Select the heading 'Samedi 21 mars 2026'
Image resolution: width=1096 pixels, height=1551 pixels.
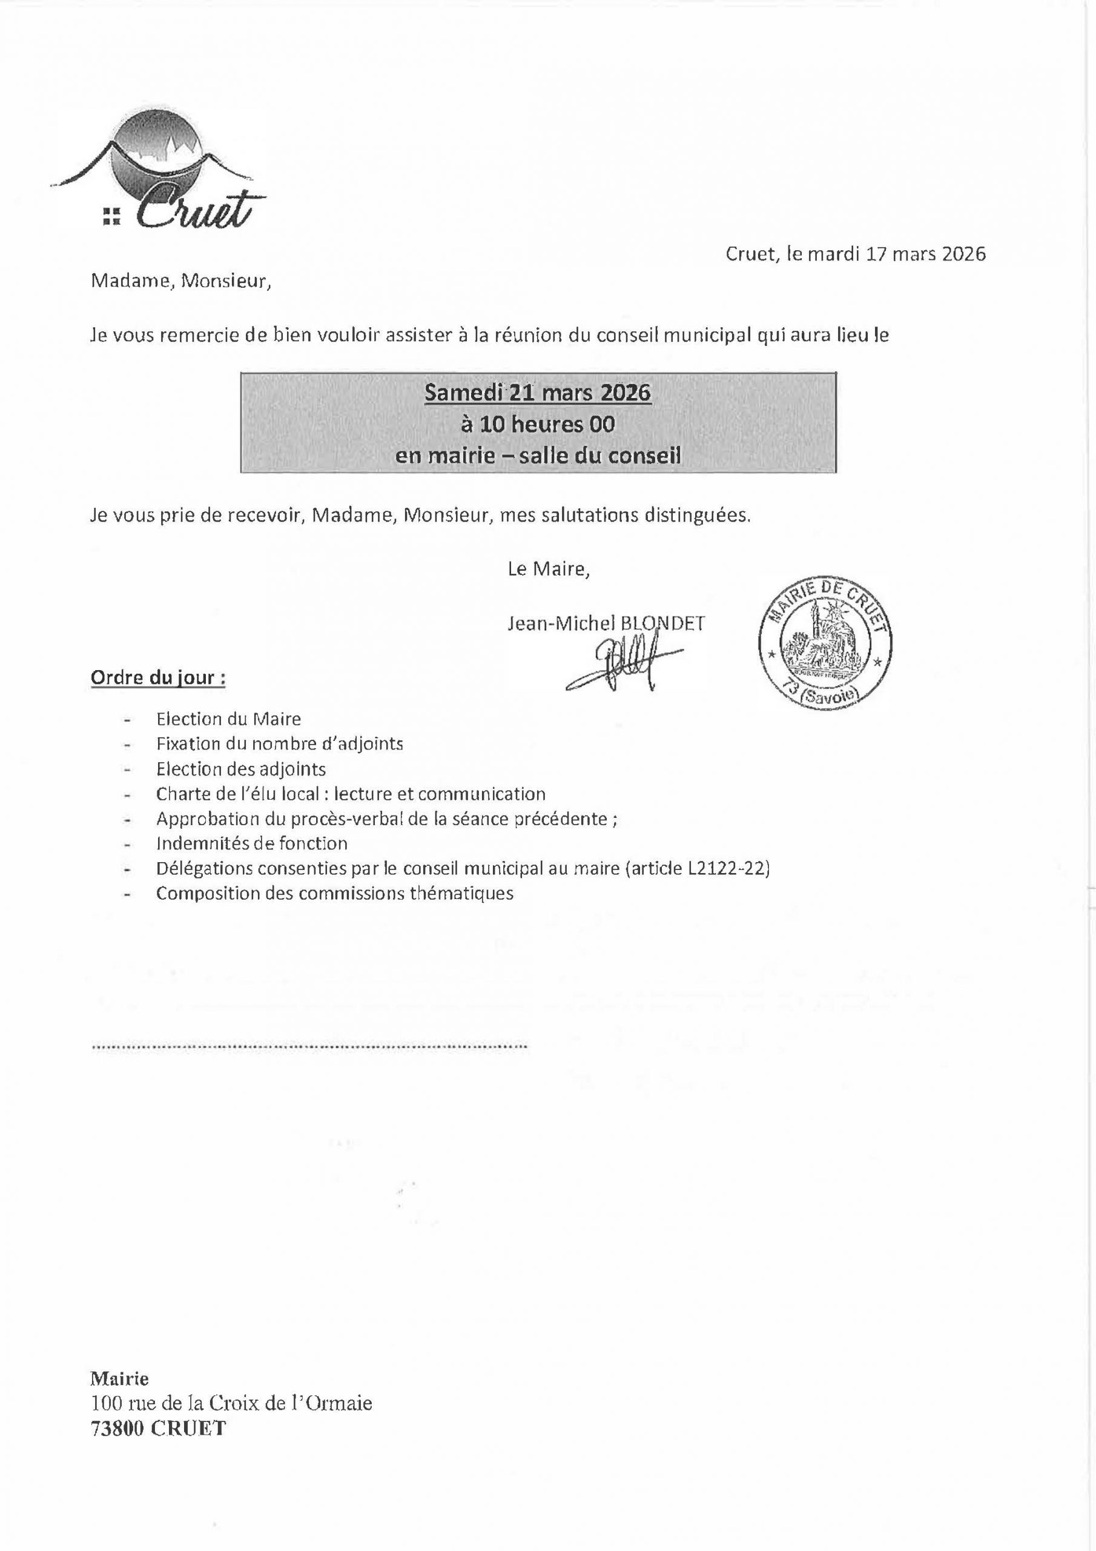[x=538, y=393]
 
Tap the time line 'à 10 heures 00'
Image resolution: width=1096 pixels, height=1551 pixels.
[x=538, y=425]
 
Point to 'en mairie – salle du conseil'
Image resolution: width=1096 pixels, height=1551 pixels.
[x=538, y=456]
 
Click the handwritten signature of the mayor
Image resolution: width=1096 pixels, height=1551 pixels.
[x=621, y=669]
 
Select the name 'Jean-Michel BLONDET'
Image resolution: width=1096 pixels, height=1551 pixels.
[x=606, y=623]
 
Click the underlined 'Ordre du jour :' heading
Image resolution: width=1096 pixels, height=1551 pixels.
[x=158, y=677]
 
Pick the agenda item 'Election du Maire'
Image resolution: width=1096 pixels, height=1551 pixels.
[x=228, y=719]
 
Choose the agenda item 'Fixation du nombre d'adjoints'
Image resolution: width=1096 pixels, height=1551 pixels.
[x=280, y=744]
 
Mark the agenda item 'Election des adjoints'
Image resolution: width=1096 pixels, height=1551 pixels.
[x=241, y=769]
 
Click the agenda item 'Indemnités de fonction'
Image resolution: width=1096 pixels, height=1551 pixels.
[x=252, y=843]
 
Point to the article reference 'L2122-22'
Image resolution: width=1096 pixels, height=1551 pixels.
[x=728, y=868]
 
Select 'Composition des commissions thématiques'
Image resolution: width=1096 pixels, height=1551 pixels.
[x=334, y=893]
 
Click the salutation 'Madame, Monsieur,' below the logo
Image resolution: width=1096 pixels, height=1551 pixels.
[x=181, y=281]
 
